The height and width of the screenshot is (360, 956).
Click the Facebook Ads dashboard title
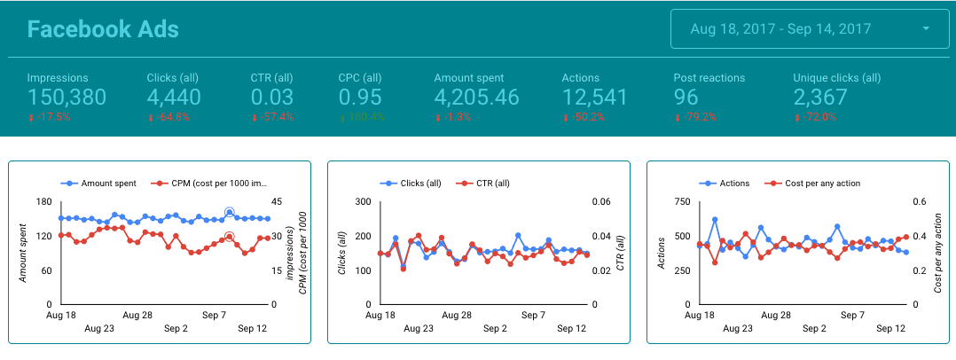click(103, 29)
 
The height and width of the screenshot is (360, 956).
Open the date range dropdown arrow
click(926, 29)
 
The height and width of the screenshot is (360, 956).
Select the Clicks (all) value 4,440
click(174, 98)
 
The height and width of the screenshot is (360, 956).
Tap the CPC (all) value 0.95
click(361, 98)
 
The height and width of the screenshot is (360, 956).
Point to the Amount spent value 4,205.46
click(476, 98)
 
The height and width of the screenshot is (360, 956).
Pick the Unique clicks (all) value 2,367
click(827, 98)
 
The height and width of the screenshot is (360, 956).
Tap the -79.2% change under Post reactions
click(699, 117)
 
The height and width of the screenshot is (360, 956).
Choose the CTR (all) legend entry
click(488, 183)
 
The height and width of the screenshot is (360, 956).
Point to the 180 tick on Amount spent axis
click(43, 201)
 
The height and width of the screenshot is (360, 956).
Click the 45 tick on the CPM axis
click(278, 201)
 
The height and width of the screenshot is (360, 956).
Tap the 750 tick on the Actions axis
click(682, 201)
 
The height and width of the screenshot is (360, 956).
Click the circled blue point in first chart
click(229, 212)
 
